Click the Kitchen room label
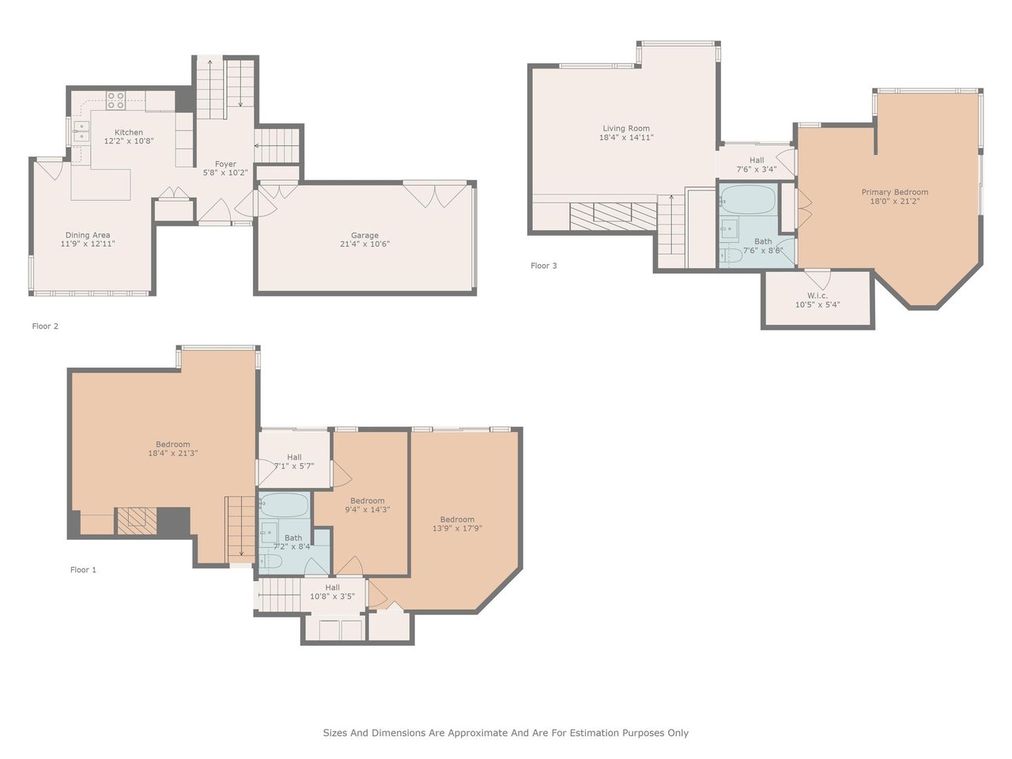coord(129,132)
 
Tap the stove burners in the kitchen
coord(115,100)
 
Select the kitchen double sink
coord(81,130)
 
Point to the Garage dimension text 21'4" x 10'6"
coord(364,244)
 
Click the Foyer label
coord(225,164)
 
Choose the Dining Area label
coord(88,235)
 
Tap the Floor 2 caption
coord(45,327)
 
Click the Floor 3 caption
coord(544,266)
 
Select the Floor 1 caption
coord(83,569)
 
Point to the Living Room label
coord(626,129)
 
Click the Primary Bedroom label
coord(895,192)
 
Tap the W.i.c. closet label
coord(818,296)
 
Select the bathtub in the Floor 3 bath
coord(748,199)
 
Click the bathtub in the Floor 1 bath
coord(284,505)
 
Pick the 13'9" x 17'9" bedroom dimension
coord(457,528)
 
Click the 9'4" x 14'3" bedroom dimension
coord(368,509)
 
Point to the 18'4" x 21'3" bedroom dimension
coord(173,453)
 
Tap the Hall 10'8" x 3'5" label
coord(332,591)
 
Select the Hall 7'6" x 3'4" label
coord(757,164)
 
